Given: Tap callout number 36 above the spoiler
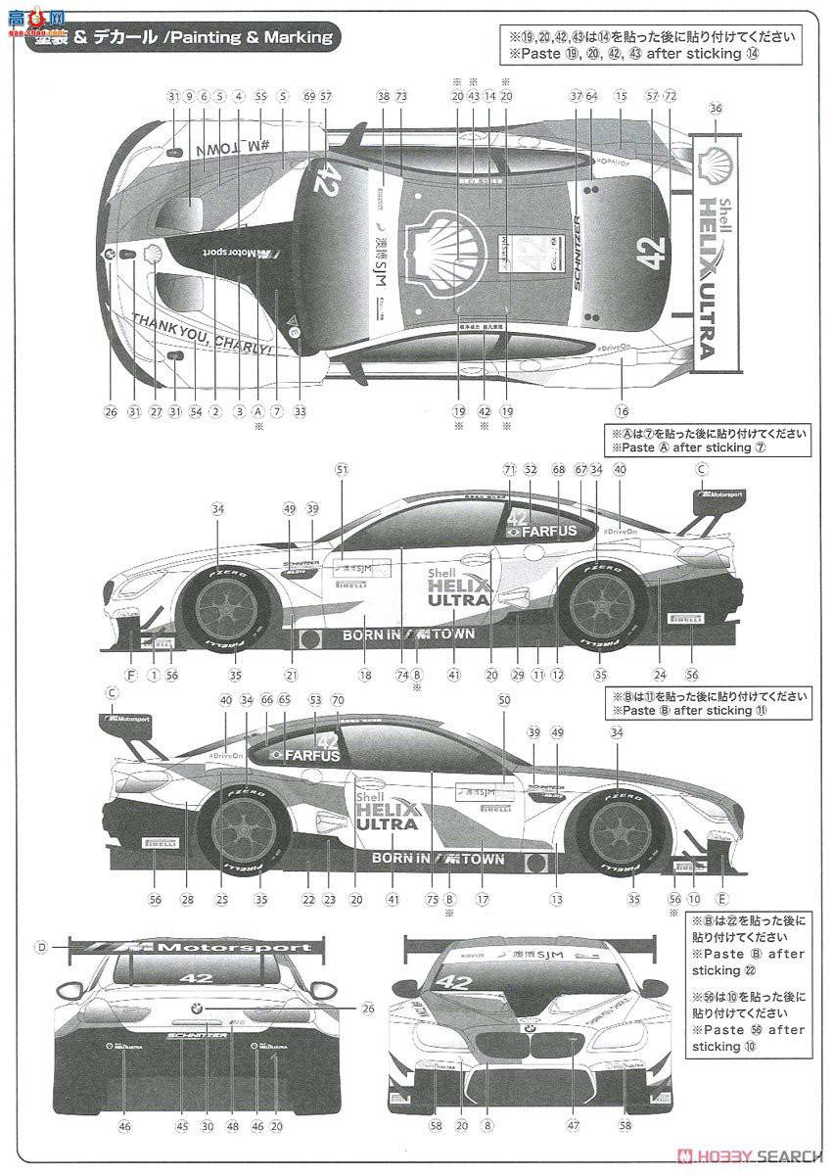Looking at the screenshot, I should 716,109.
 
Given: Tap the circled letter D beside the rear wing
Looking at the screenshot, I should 41,946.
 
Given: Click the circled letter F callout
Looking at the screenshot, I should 131,675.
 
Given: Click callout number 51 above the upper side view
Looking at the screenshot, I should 341,470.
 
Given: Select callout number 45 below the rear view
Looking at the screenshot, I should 181,1127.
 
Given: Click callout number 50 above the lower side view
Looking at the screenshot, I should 504,700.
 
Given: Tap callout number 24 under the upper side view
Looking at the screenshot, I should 660,675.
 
